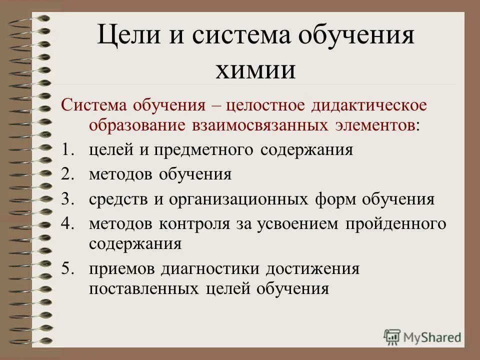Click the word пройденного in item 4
pos(394,224)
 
